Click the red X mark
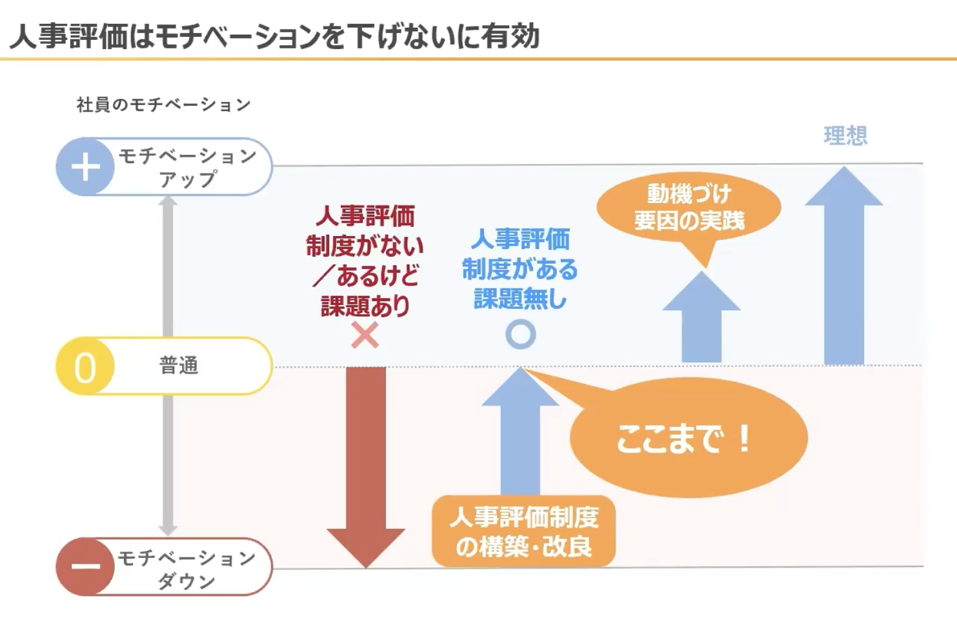click(365, 335)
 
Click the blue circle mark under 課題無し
click(520, 334)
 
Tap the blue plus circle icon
click(85, 167)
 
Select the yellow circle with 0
click(85, 366)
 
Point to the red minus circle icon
click(85, 566)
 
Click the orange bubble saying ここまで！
click(688, 438)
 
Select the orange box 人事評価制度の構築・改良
click(524, 532)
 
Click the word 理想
click(845, 136)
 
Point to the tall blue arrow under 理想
click(843, 271)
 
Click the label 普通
click(179, 366)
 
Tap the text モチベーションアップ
click(187, 167)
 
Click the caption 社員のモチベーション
click(163, 104)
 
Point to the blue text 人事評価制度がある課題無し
click(520, 268)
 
